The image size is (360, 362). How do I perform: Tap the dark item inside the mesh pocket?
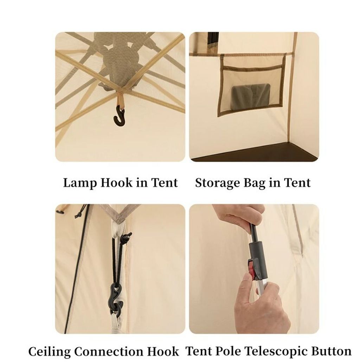pyautogui.click(x=251, y=93)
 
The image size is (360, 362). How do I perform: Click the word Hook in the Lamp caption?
pyautogui.click(x=118, y=183)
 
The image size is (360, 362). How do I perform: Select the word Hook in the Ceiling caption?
pyautogui.click(x=162, y=351)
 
